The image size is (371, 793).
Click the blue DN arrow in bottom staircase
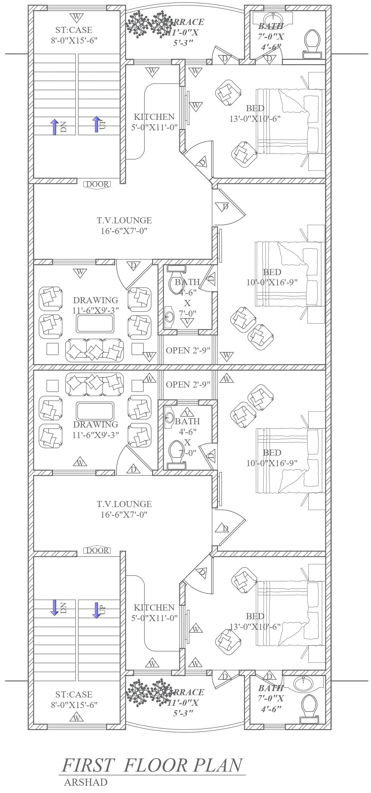(x=55, y=606)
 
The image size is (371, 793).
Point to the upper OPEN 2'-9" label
(x=188, y=350)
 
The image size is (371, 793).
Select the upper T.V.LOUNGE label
(x=124, y=225)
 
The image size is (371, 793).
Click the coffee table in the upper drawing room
(x=95, y=323)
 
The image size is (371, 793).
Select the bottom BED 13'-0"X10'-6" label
(x=255, y=621)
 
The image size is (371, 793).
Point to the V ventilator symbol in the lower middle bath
(x=188, y=410)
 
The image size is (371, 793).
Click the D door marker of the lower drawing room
(x=134, y=469)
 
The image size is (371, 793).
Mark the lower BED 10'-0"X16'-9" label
(x=272, y=457)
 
